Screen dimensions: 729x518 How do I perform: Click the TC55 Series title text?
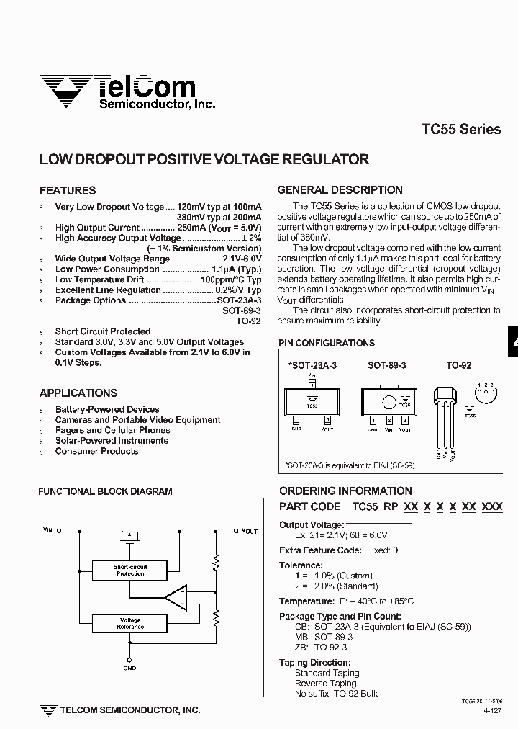pos(461,130)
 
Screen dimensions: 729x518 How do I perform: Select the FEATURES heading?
pos(68,191)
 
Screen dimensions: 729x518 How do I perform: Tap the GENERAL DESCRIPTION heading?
pos(340,190)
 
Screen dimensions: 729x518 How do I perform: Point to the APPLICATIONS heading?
pos(78,393)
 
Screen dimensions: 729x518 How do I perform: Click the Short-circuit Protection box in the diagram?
pos(129,570)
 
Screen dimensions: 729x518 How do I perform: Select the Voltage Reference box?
pos(130,623)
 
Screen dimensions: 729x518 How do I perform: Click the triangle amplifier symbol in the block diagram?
pos(176,596)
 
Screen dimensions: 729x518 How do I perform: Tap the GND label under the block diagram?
pos(129,668)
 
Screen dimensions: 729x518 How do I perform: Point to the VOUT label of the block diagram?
pos(249,530)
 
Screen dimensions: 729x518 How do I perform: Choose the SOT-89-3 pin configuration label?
pos(387,366)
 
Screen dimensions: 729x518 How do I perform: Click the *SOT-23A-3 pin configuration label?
pos(312,366)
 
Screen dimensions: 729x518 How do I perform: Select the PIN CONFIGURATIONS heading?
pos(327,344)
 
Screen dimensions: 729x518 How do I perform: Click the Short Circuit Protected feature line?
pos(103,331)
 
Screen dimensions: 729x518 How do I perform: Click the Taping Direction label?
pos(314,663)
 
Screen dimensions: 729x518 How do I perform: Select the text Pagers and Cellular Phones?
pos(112,430)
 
